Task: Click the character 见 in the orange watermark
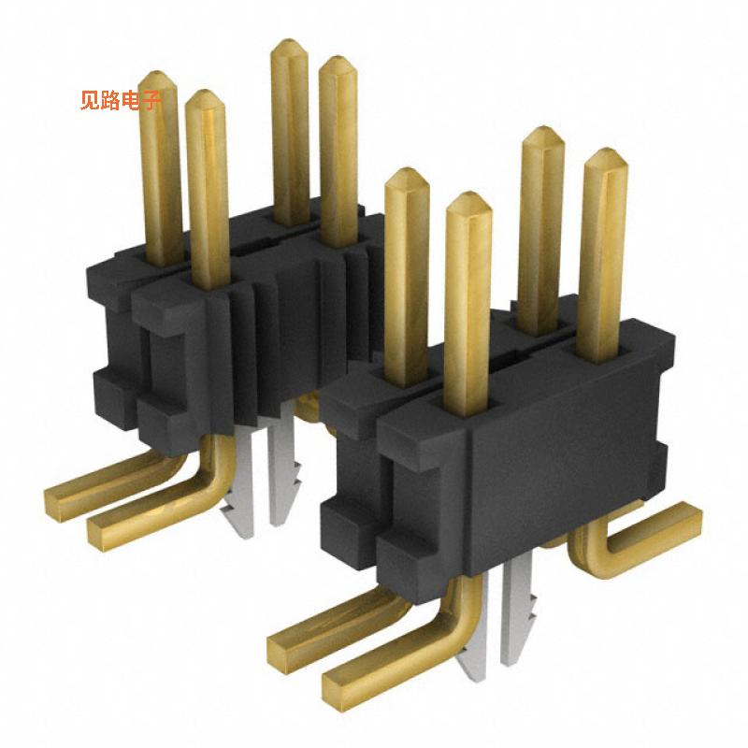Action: [90, 101]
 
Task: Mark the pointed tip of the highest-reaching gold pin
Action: [289, 45]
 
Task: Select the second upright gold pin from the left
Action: [207, 187]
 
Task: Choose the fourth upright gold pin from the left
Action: [338, 140]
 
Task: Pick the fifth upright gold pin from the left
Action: [406, 271]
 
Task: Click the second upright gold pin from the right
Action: [540, 224]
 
